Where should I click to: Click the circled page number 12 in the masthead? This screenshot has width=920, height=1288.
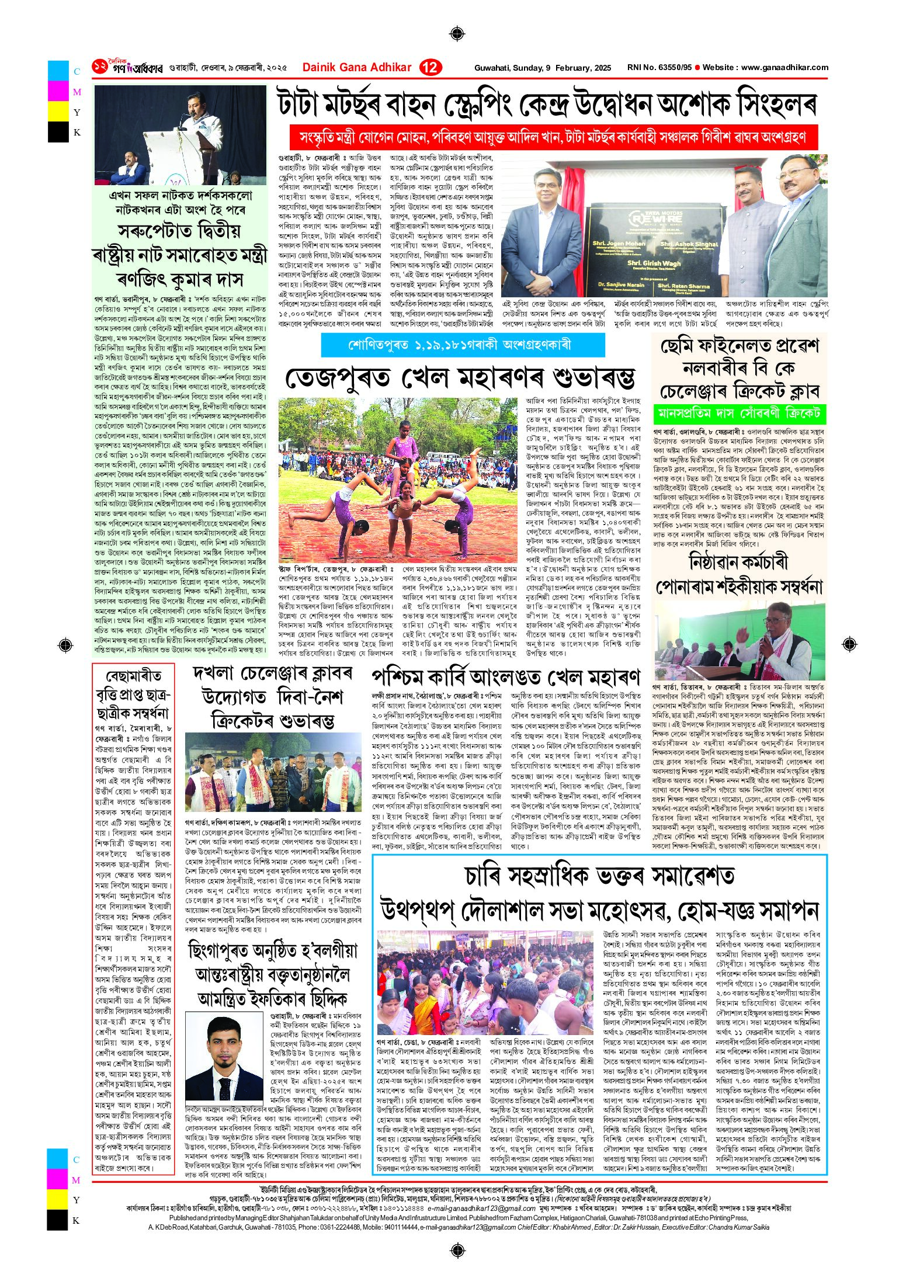pos(430,68)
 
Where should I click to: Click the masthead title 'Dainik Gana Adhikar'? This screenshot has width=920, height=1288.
pos(357,68)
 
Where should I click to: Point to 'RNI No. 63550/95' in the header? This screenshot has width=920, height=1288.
pos(659,68)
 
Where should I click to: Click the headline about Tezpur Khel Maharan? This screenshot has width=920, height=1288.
pos(460,378)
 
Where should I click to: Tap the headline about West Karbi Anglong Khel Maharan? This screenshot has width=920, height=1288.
pos(505,678)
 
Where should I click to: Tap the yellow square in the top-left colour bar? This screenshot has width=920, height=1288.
pos(58,112)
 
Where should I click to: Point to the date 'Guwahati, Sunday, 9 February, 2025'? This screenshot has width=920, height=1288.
pos(543,68)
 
